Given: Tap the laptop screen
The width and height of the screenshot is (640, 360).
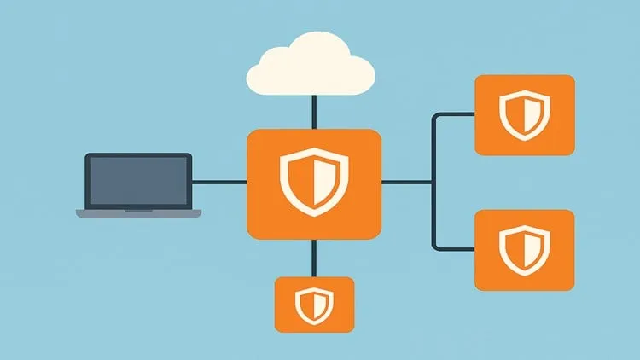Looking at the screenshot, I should click(137, 181).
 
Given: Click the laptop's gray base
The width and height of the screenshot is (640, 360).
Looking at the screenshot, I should click(138, 212).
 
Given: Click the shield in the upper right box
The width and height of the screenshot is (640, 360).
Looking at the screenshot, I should click(524, 115).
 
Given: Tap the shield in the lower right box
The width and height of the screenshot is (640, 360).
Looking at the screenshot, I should click(524, 249).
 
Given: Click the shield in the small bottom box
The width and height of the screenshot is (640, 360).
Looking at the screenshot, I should click(313, 304).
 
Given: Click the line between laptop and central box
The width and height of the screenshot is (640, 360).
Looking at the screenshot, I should click(218, 182).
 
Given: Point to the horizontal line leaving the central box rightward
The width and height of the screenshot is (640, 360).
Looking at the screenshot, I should click(406, 182).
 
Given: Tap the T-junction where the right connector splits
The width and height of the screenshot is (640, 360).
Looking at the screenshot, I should click(435, 182).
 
